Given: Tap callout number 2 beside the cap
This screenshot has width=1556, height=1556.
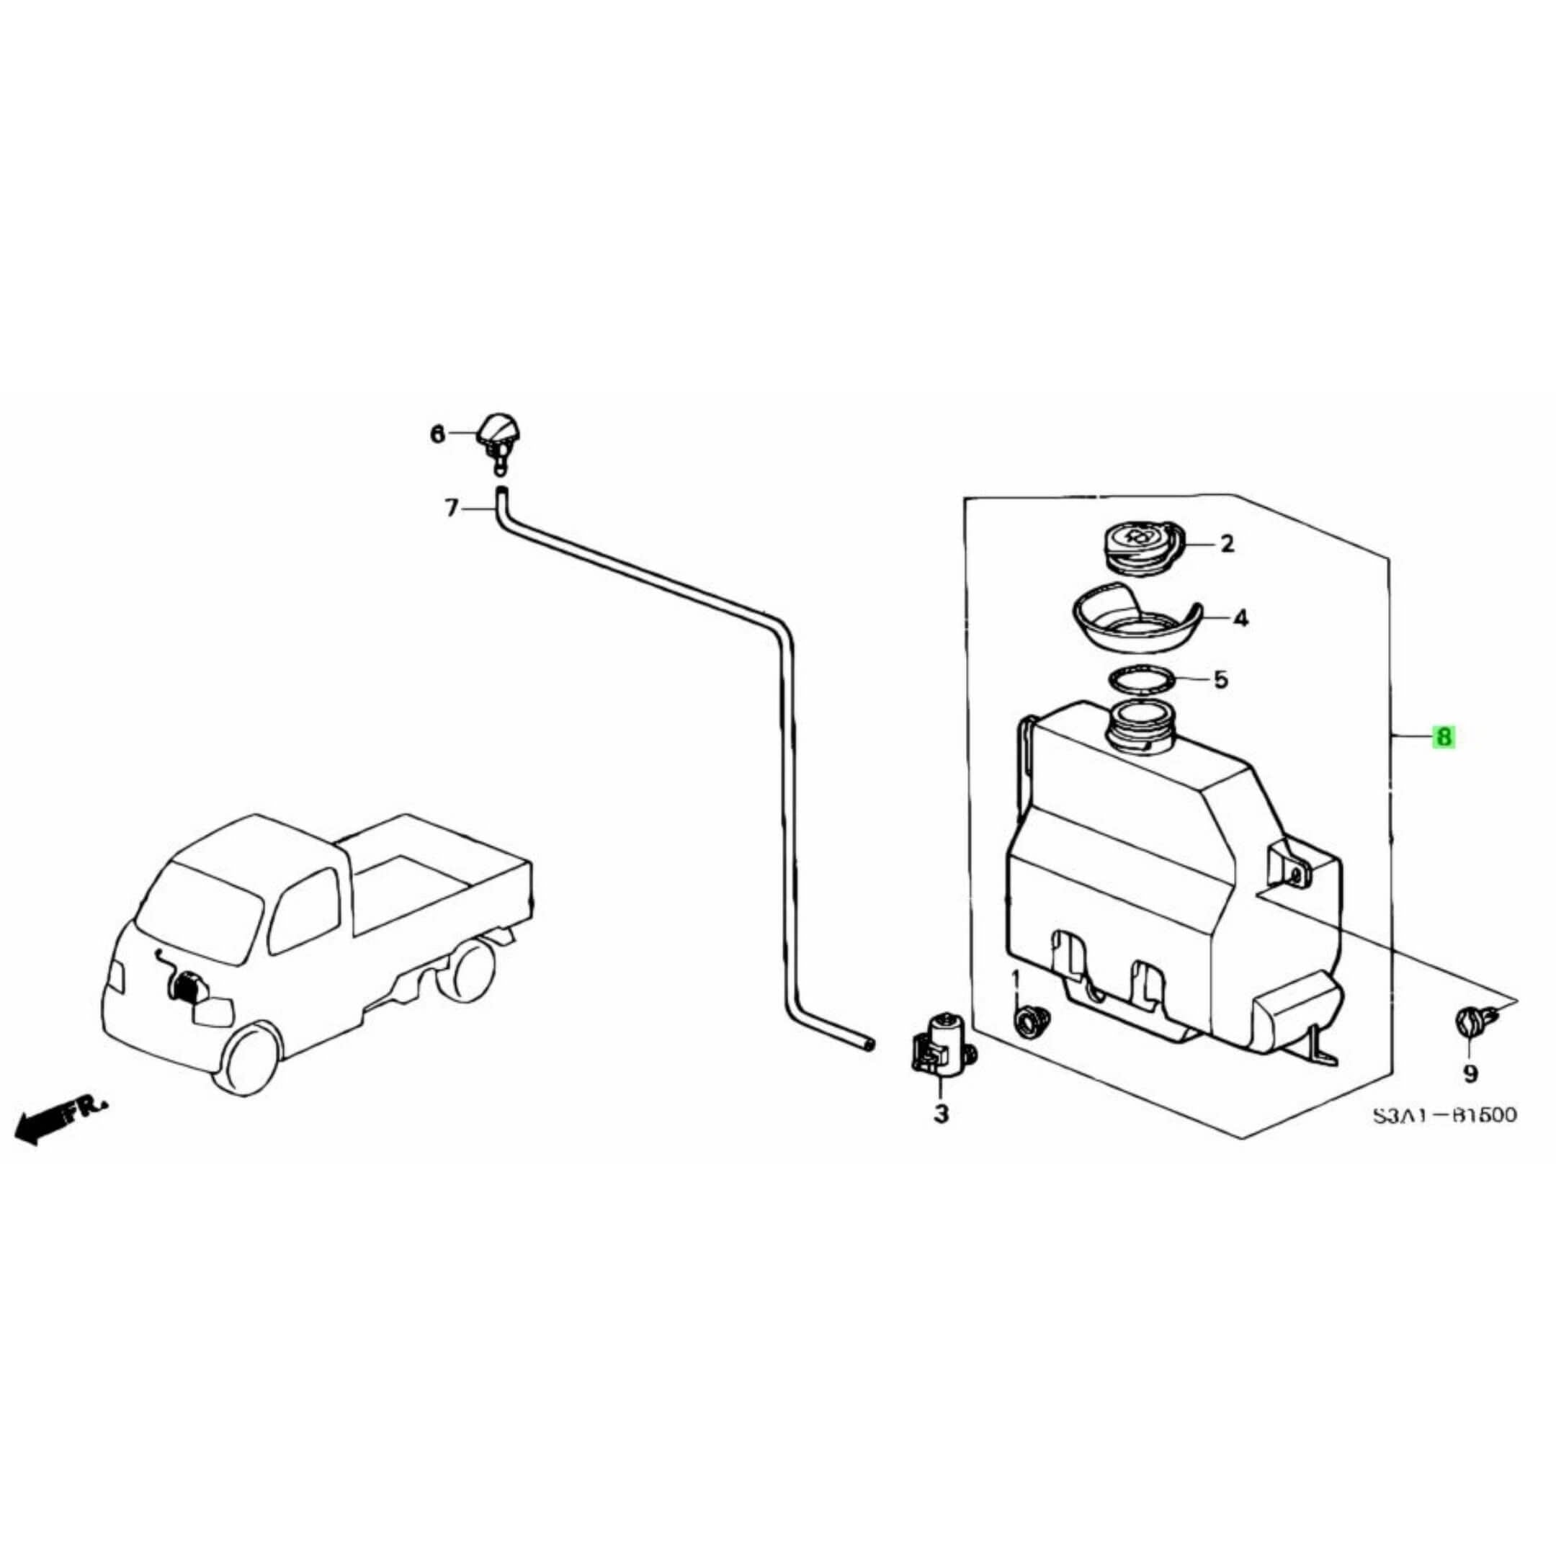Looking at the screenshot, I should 1227,544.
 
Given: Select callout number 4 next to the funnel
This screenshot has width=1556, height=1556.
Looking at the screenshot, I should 1241,619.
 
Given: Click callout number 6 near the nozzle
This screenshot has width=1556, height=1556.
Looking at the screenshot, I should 437,435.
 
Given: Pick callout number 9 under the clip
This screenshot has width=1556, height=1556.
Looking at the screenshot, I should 1470,1073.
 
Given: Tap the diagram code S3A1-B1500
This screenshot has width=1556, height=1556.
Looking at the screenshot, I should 1444,1114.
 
